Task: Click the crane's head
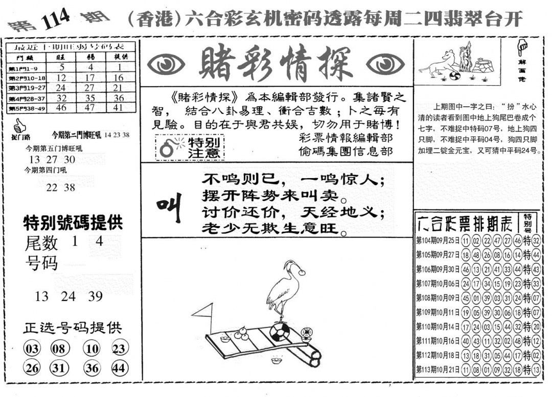(x=290, y=265)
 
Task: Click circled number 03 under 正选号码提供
(x=32, y=349)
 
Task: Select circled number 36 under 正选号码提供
(x=93, y=368)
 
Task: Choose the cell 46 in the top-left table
(x=61, y=108)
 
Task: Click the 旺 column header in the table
(x=61, y=57)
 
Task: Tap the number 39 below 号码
(x=95, y=296)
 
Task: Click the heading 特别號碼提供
(x=73, y=223)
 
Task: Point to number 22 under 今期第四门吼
(x=52, y=188)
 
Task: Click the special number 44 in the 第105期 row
(x=535, y=255)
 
